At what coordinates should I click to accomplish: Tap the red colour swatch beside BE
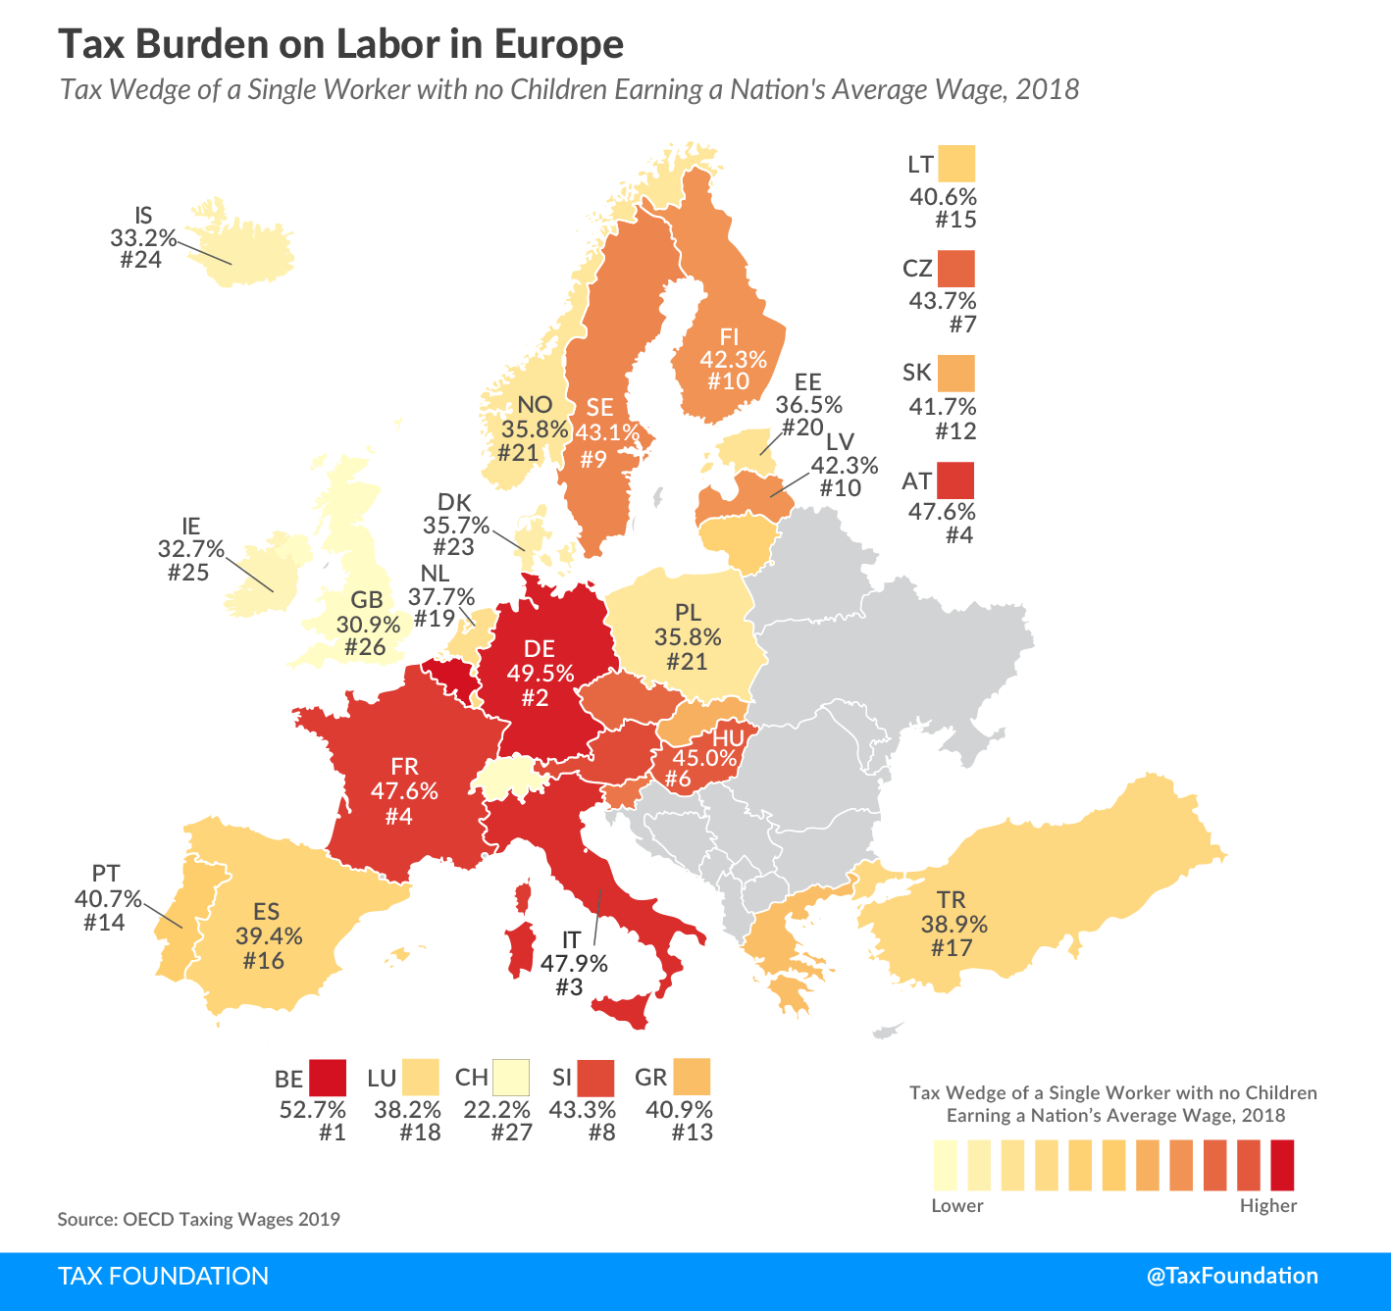tap(328, 1078)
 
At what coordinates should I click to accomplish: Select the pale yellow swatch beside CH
tap(510, 1078)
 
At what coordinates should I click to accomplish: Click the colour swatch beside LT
tap(956, 164)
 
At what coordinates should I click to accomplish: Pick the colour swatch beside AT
tap(955, 480)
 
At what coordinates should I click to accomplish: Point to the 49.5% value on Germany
tap(541, 673)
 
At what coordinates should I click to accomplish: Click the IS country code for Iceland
tap(143, 216)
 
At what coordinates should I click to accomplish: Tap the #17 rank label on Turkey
tap(951, 948)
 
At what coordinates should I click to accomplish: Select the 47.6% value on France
tap(404, 790)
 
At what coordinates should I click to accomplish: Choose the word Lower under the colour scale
tap(956, 1206)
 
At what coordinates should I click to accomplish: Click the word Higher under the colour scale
tap(1267, 1206)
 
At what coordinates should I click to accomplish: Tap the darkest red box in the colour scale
tap(1282, 1164)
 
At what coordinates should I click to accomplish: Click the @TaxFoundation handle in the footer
tap(1232, 1276)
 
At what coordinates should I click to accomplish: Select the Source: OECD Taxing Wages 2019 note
tap(198, 1220)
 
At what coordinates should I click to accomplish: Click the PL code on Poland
tap(688, 613)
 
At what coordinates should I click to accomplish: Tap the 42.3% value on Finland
tap(733, 359)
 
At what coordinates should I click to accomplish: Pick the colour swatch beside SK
tap(955, 374)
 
